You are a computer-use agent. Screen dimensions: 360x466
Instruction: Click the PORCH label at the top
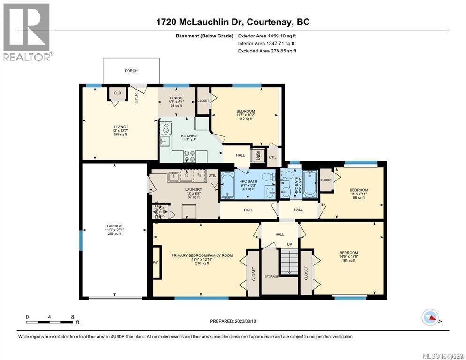tap(131, 71)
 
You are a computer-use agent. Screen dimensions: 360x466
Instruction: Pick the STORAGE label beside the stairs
tap(271, 276)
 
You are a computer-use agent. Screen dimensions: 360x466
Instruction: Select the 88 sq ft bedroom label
tap(359, 194)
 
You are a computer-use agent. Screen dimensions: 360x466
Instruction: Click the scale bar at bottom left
tap(50, 321)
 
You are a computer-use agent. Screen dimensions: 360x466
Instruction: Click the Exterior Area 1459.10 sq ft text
tap(267, 35)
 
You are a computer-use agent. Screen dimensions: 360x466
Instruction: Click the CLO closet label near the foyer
tap(118, 93)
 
